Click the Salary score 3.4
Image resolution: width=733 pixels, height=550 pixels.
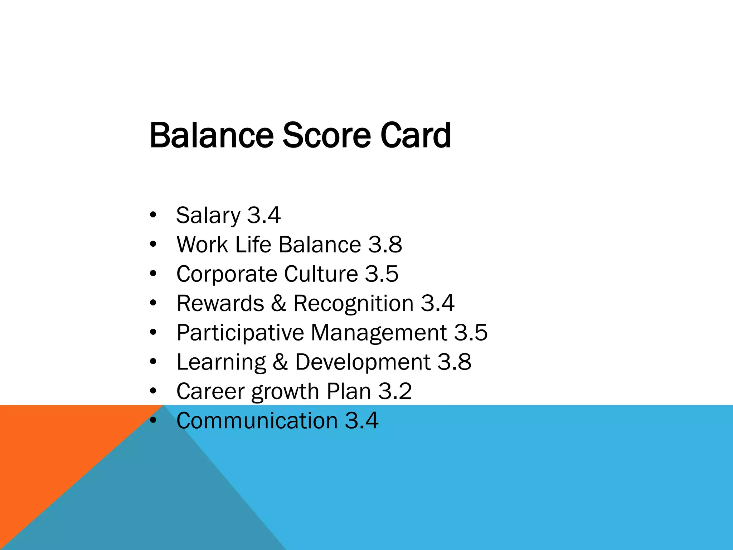coord(264,215)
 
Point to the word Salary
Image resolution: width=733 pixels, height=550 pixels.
coord(208,216)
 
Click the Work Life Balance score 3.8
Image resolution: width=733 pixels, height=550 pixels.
coord(385,245)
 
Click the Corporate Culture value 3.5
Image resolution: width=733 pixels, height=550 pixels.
coord(382,274)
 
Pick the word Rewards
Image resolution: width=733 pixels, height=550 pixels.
coord(220,303)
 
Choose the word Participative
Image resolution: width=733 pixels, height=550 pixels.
coord(240,333)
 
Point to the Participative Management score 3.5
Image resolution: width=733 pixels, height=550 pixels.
coord(471,333)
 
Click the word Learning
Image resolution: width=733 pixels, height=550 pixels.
coord(221,362)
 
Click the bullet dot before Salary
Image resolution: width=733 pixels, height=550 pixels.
coord(153,215)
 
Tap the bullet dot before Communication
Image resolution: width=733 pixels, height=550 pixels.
coord(153,421)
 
